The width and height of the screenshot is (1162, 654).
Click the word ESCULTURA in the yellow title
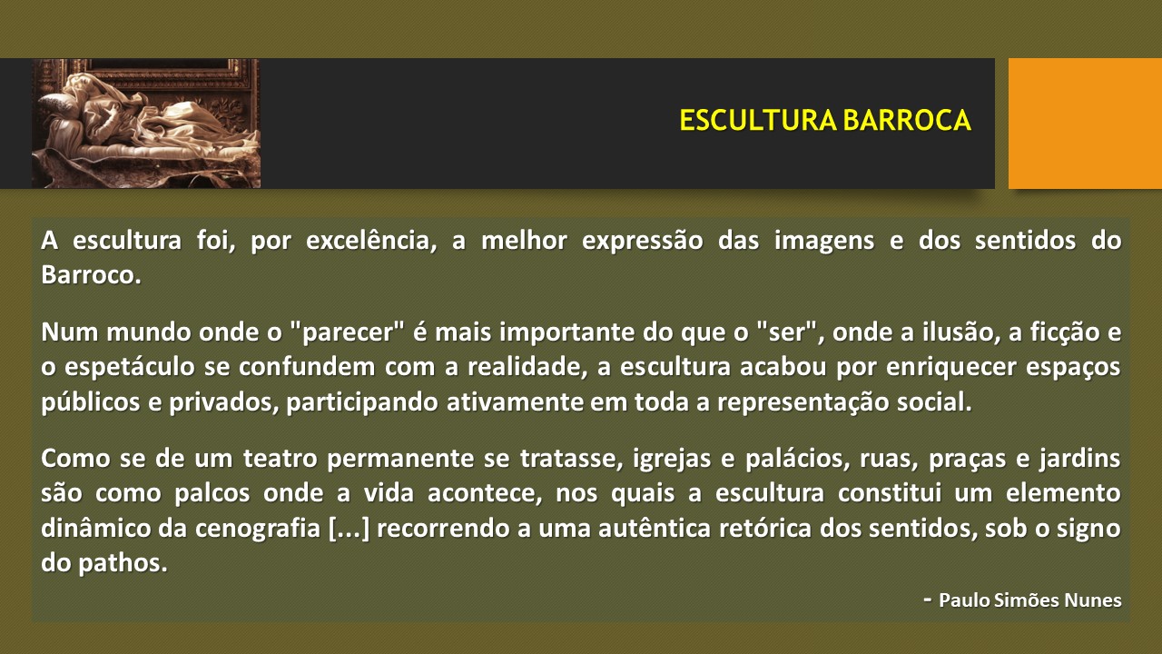point(758,121)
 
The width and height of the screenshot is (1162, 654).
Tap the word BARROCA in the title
point(907,121)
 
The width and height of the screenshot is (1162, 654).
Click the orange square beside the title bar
point(1085,124)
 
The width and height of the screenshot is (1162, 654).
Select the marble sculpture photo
point(146,124)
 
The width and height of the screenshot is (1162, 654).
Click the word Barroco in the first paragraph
point(91,275)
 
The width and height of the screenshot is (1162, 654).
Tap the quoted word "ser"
point(791,332)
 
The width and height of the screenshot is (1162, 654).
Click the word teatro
point(281,460)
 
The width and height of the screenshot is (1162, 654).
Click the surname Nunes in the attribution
point(1092,600)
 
